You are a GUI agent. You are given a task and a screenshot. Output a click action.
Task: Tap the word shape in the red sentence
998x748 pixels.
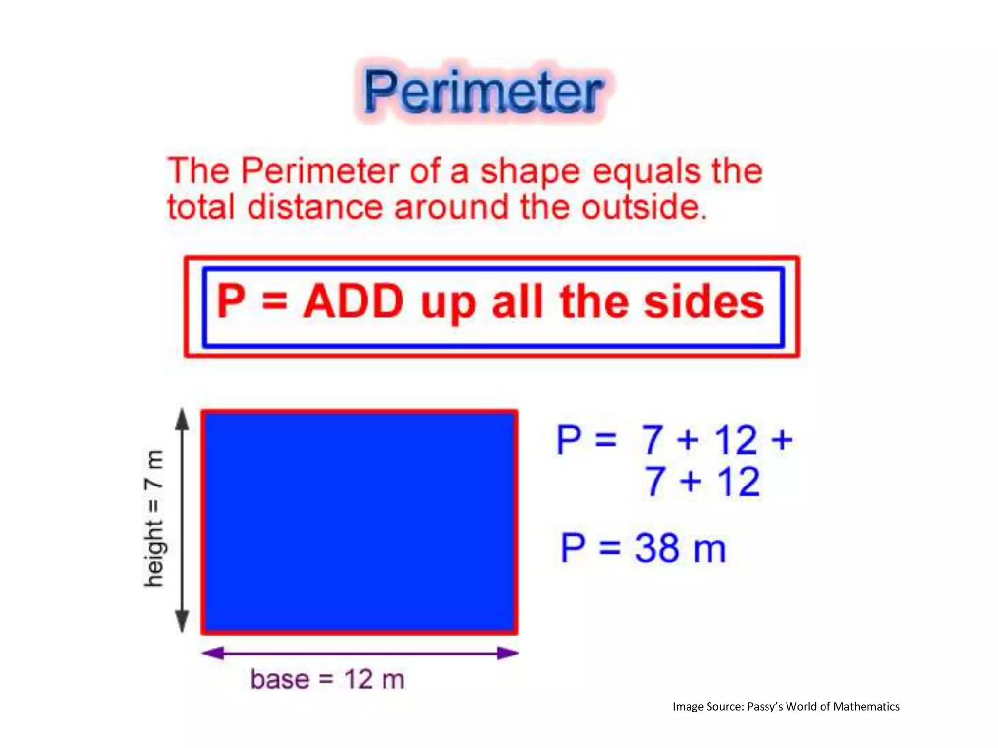530,171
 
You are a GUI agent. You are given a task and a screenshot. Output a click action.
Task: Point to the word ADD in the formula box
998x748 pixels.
353,302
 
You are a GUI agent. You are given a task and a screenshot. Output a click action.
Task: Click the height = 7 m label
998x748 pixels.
154,519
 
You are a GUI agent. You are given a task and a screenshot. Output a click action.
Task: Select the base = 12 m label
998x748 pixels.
327,679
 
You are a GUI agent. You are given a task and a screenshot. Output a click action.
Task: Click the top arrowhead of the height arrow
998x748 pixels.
182,419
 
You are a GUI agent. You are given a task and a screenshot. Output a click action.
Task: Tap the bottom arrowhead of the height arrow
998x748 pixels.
182,621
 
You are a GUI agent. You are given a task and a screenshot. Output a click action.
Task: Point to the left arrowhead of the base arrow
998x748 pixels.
213,653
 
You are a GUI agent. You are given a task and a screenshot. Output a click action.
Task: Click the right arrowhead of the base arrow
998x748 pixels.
507,653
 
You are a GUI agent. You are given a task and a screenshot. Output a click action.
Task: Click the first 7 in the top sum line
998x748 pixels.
652,440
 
